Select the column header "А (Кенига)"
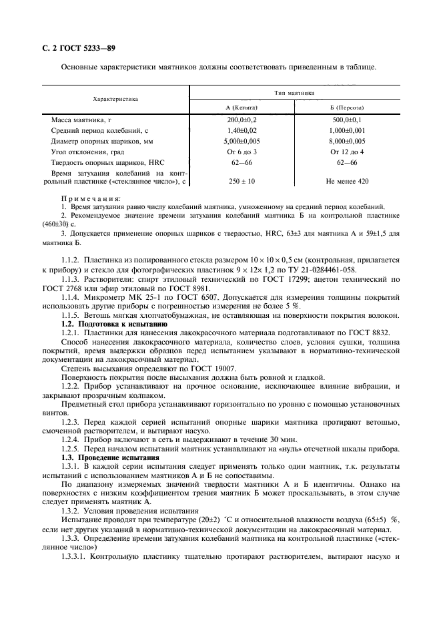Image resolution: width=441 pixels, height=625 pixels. pyautogui.click(x=242, y=108)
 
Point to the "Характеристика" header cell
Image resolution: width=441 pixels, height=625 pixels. pyautogui.click(x=115, y=99)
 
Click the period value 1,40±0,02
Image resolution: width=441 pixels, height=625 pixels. pyautogui.click(x=242, y=132)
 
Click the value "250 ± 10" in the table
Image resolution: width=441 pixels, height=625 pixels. pyautogui.click(x=242, y=182)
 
